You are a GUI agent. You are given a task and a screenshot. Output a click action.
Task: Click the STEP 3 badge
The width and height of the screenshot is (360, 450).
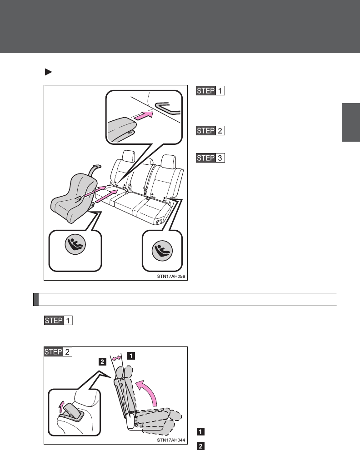click(211, 158)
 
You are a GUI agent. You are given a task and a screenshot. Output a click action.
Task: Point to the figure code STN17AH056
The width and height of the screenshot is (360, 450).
click(168, 274)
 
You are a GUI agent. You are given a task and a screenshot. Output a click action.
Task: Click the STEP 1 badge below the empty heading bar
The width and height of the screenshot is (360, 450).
click(59, 320)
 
